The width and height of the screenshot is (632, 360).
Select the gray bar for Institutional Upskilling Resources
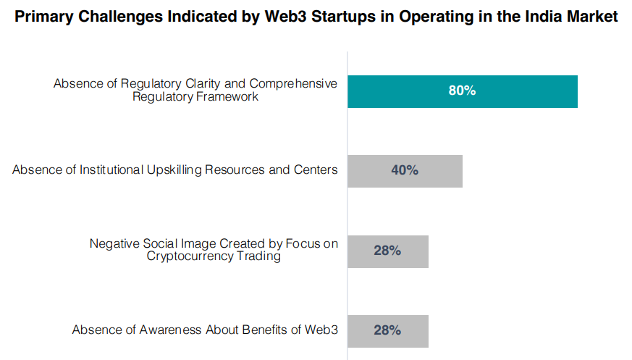click(434, 171)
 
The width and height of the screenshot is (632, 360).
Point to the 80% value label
click(462, 91)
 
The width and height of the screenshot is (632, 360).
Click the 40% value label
click(405, 171)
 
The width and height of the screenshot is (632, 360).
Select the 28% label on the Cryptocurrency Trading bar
click(387, 251)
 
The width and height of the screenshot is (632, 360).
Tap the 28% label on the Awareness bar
click(387, 330)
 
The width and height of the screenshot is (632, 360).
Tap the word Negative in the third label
click(115, 244)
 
